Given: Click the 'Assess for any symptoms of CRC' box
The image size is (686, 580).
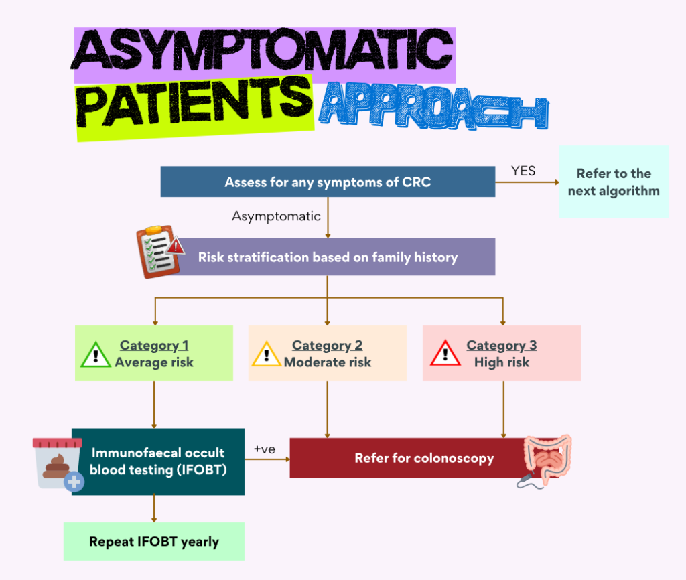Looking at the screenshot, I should click(x=328, y=182).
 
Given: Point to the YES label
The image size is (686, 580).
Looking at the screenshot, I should click(x=523, y=171).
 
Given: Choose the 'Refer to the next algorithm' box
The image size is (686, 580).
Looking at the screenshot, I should click(x=614, y=182).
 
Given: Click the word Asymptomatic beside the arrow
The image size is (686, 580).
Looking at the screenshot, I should click(x=276, y=216).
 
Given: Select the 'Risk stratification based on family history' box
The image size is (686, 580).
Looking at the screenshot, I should click(x=328, y=257).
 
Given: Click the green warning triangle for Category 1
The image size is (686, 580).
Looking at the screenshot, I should click(x=96, y=354).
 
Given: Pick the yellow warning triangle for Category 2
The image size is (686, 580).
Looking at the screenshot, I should click(x=267, y=354).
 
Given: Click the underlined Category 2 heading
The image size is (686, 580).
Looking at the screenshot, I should click(x=327, y=346).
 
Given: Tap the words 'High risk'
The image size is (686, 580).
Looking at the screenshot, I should click(x=501, y=362).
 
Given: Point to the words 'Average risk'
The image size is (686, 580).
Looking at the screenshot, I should click(x=154, y=362).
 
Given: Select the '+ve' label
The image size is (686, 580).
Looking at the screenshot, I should click(x=265, y=449).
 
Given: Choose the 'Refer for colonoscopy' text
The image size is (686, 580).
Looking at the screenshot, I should click(x=424, y=459).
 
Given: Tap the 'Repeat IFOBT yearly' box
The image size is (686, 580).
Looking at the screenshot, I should click(x=154, y=542).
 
